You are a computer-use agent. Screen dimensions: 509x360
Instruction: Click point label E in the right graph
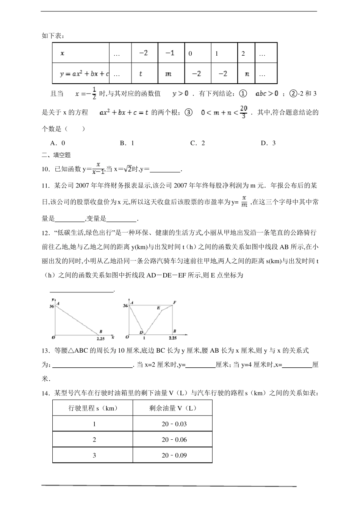coord(158,308)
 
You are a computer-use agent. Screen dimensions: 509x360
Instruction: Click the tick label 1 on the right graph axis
coord(144,338)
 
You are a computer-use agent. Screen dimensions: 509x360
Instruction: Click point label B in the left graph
coord(100,331)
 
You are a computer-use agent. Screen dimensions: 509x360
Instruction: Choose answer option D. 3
coord(268,143)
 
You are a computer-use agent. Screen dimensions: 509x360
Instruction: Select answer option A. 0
coord(58,143)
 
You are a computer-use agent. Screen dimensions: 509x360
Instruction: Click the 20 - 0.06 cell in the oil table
coord(174,440)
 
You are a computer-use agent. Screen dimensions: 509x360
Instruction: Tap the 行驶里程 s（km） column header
coord(93,408)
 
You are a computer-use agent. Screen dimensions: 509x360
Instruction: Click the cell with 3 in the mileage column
coord(94,455)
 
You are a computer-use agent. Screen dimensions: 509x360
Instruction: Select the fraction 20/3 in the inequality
coord(244,112)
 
